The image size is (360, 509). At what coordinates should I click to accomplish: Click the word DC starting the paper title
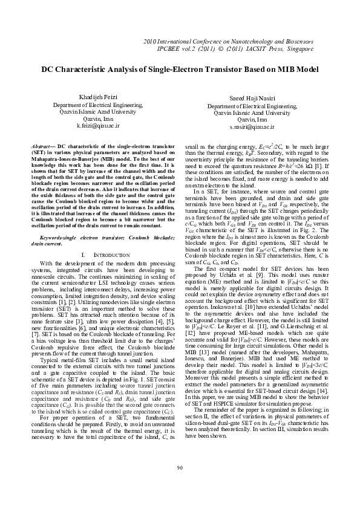[29, 70]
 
